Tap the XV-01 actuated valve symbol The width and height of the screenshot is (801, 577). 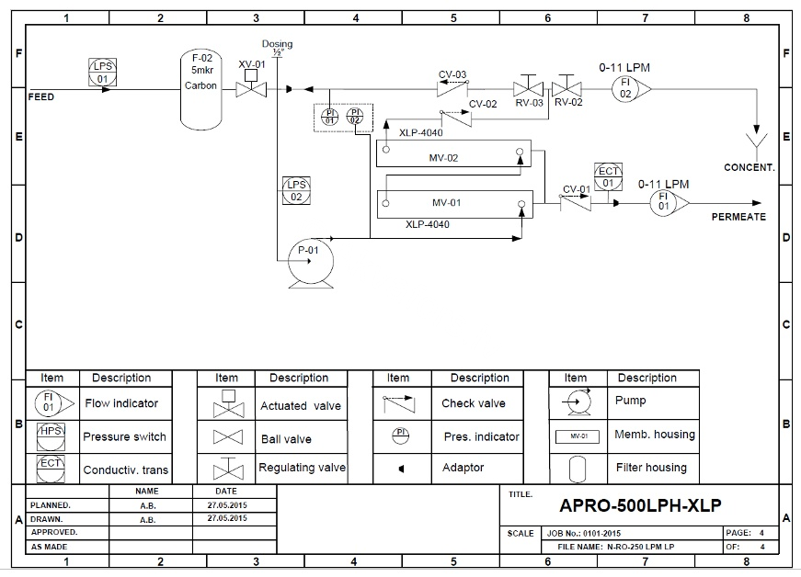247,88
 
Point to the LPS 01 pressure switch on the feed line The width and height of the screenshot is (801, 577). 103,72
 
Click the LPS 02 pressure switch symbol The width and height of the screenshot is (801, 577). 296,190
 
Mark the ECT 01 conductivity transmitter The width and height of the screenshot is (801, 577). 609,176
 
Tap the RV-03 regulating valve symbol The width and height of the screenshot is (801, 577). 528,88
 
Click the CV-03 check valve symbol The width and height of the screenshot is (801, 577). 452,88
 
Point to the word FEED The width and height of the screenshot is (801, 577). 41,96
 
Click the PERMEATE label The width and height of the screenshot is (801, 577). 738,217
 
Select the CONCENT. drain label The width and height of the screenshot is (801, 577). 750,167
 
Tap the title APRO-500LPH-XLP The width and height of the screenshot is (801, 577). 640,505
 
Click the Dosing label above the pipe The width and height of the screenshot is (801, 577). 277,43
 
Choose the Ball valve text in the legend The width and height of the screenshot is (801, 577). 285,438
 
